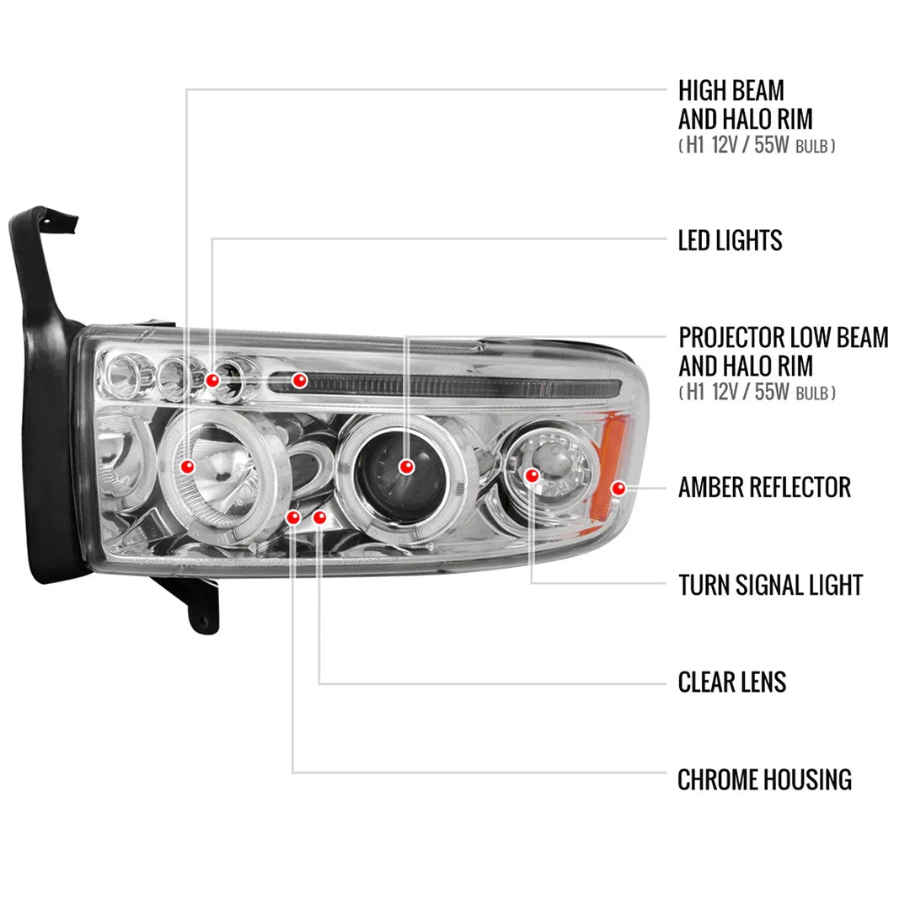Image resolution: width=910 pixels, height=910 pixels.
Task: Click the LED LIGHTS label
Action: click(730, 240)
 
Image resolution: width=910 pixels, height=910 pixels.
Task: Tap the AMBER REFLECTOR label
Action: click(764, 488)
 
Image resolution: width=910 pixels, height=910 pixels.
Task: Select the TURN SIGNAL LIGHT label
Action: click(770, 585)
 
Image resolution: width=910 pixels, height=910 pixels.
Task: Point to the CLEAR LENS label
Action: click(732, 682)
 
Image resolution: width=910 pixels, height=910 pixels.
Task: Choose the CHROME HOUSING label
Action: click(764, 779)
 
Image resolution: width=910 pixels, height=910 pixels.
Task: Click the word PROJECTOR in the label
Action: click(731, 337)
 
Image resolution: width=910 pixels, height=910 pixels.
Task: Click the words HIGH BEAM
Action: click(731, 90)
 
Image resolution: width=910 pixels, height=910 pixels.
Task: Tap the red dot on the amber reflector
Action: click(618, 488)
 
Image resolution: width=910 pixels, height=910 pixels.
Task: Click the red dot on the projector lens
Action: click(407, 467)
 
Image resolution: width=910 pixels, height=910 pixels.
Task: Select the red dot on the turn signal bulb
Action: click(532, 476)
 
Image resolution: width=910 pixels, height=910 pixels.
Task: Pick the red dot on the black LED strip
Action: click(299, 380)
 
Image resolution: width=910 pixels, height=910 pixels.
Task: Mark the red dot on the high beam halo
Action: click(187, 466)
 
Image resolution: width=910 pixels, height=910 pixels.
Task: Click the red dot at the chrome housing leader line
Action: click(293, 517)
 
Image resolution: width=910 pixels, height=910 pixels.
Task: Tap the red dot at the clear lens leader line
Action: click(319, 517)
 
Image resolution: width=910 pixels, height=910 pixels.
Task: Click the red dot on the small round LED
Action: click(212, 380)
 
